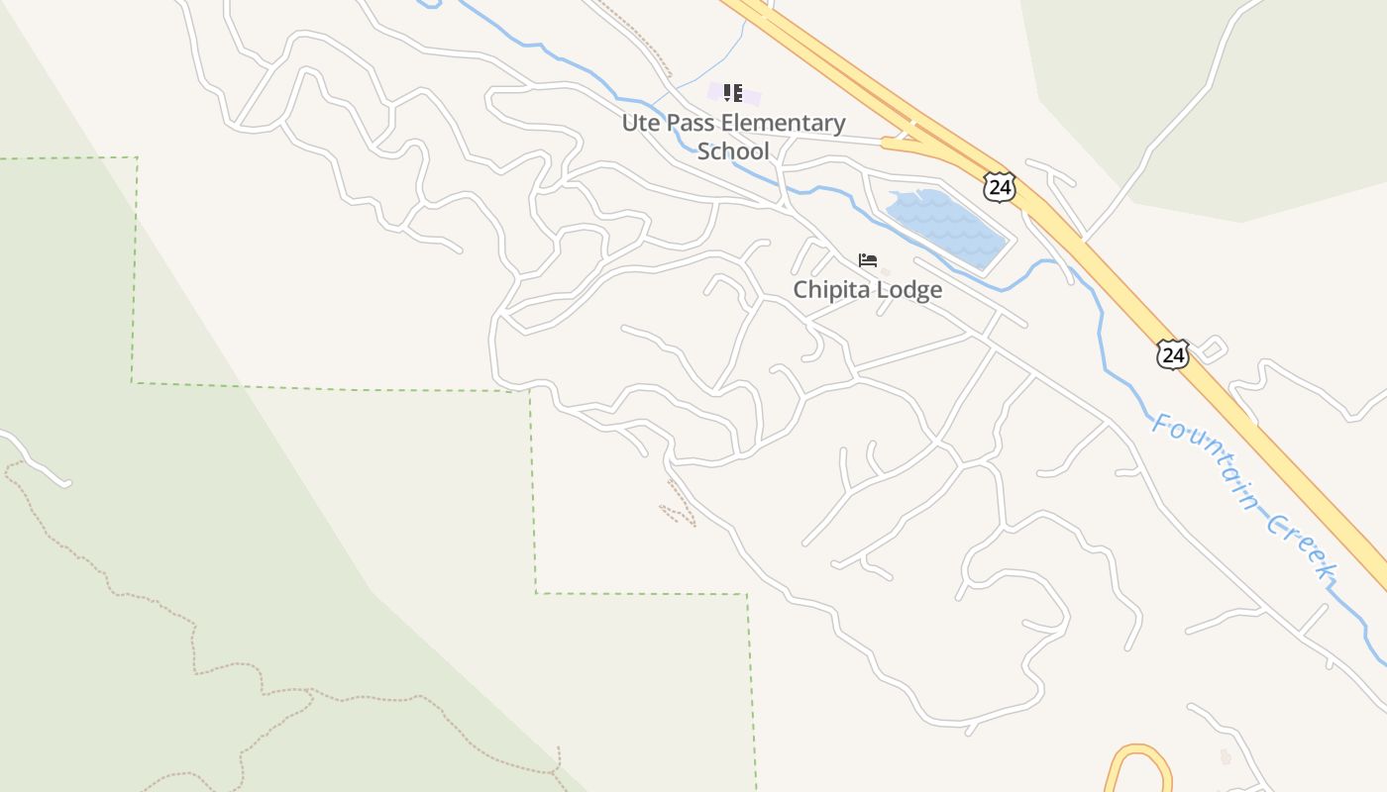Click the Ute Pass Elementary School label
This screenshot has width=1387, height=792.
pyautogui.click(x=733, y=137)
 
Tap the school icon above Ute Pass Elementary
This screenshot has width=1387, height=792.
pyautogui.click(x=732, y=93)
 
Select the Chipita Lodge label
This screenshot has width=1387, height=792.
pyautogui.click(x=867, y=289)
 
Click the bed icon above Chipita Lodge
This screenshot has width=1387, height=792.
pyautogui.click(x=868, y=260)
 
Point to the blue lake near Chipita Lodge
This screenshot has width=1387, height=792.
pyautogui.click(x=942, y=226)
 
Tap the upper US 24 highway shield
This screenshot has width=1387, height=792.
pyautogui.click(x=1000, y=186)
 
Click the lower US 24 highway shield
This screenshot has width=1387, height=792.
pyautogui.click(x=1172, y=354)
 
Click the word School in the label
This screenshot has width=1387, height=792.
pyautogui.click(x=733, y=151)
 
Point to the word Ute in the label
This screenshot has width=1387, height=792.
pyautogui.click(x=640, y=123)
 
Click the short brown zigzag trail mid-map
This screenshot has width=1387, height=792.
pyautogui.click(x=680, y=504)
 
